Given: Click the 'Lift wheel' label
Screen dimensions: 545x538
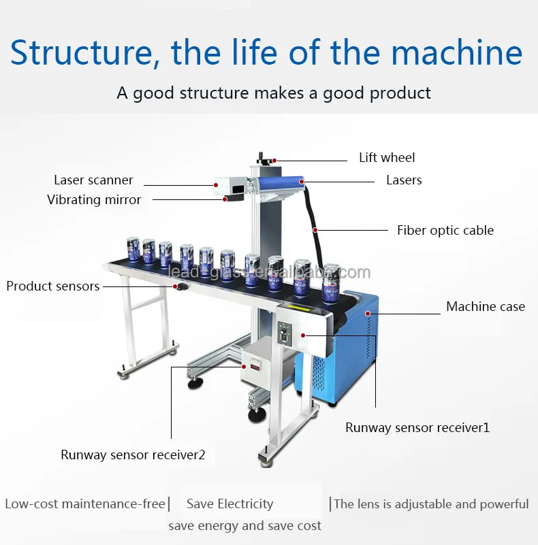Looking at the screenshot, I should click(387, 158).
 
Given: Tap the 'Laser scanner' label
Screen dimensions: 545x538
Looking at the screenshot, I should click(93, 180).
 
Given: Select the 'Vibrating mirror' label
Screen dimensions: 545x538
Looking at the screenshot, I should click(94, 200).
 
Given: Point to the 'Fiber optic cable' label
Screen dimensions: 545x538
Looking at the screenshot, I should click(445, 231).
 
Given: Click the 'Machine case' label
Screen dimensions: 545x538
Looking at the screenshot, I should click(486, 307).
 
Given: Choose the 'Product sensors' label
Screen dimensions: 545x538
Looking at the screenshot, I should click(53, 286).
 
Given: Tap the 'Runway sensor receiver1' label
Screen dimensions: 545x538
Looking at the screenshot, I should click(417, 428).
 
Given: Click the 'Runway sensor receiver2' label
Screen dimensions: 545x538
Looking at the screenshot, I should click(133, 455).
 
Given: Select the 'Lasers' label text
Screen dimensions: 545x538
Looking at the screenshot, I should click(404, 180).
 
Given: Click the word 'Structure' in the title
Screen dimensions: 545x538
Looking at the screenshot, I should click(84, 53).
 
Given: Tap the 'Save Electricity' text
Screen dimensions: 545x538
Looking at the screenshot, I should click(230, 504).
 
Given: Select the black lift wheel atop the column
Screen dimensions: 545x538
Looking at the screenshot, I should click(264, 159).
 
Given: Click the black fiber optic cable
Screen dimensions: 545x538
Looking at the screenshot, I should click(313, 218).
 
